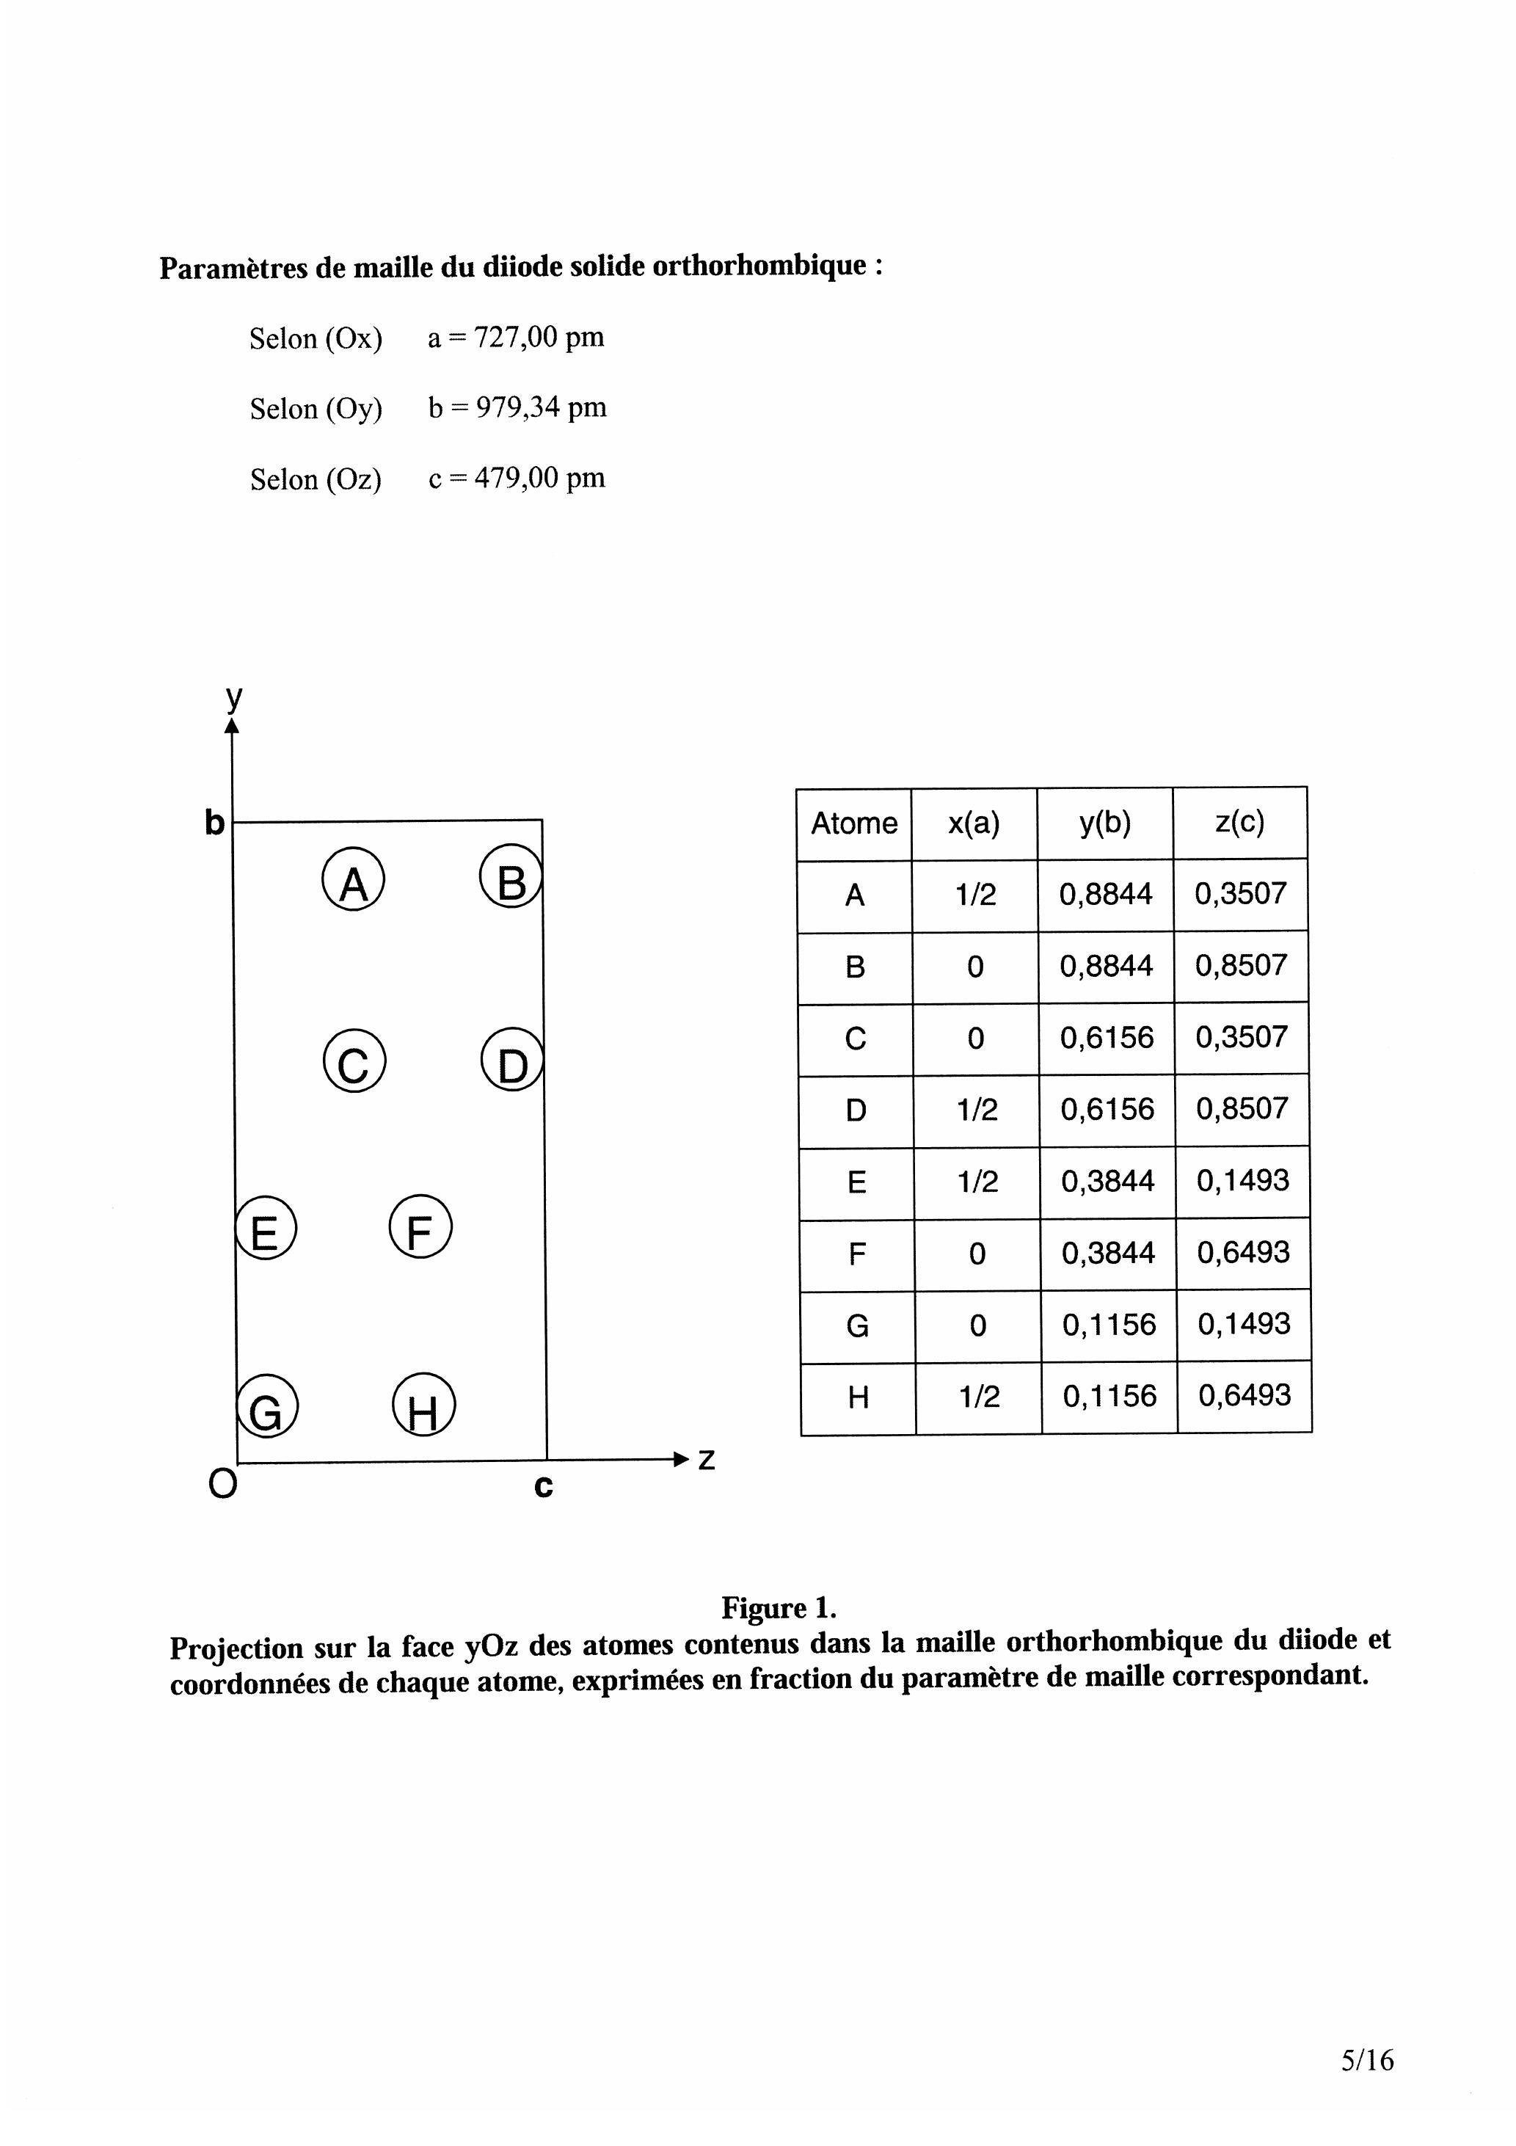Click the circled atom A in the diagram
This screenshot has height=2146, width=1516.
click(353, 881)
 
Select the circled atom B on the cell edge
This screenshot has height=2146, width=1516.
click(510, 879)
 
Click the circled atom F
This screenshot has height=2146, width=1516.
click(420, 1227)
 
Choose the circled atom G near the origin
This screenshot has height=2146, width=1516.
click(267, 1408)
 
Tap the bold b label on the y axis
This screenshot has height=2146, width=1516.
click(215, 823)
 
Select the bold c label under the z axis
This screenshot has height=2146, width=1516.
click(543, 1486)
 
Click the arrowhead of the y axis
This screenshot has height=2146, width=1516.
click(233, 724)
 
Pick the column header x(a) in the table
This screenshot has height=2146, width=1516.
click(974, 823)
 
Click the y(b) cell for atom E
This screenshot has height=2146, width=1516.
click(1107, 1182)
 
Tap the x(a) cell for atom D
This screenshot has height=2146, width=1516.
click(977, 1110)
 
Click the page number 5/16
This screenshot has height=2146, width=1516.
click(1366, 2060)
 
